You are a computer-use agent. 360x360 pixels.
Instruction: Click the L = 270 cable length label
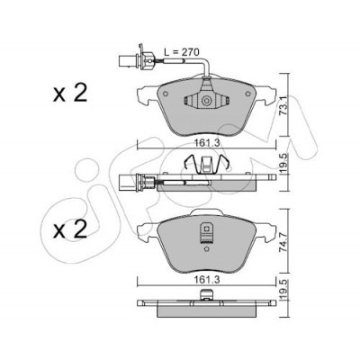click(181, 52)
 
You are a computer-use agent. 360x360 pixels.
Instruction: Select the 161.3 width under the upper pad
click(206, 143)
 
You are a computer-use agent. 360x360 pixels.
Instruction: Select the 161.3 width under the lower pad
click(206, 280)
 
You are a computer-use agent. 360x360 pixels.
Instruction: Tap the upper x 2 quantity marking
click(70, 93)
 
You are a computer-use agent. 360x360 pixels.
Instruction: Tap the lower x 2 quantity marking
click(70, 229)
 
